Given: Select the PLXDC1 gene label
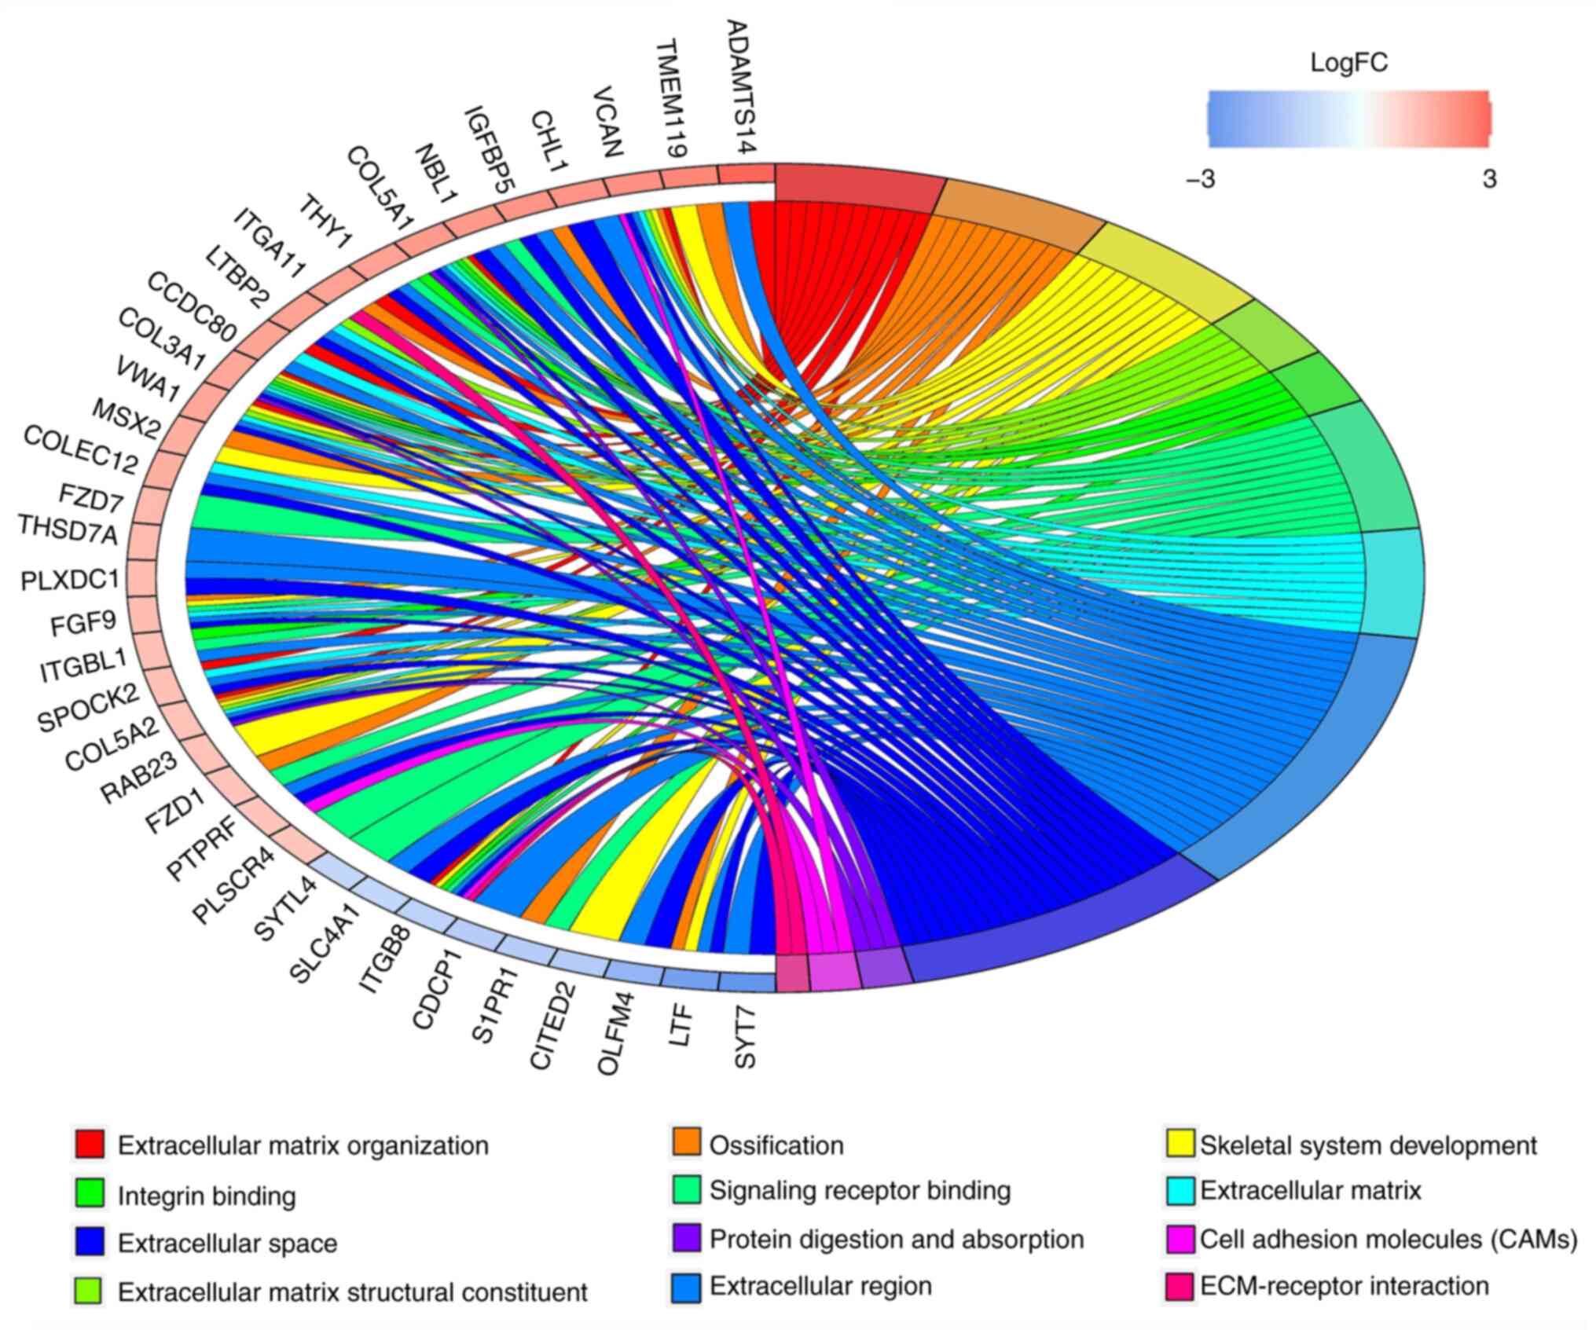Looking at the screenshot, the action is pyautogui.click(x=70, y=580).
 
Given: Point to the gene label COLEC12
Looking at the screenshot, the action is pyautogui.click(x=81, y=449).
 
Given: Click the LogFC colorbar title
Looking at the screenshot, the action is pyautogui.click(x=1348, y=63).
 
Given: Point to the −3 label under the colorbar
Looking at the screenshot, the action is pyautogui.click(x=1200, y=179).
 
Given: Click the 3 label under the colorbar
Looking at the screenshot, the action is pyautogui.click(x=1489, y=179).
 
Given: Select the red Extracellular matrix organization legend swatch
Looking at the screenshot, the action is pyautogui.click(x=90, y=1144).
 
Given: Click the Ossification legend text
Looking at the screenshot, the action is pyautogui.click(x=776, y=1145).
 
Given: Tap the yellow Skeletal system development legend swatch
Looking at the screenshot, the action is pyautogui.click(x=1180, y=1144).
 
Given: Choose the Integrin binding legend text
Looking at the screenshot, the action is pyautogui.click(x=207, y=1196).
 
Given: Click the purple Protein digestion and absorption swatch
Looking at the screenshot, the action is pyautogui.click(x=687, y=1239).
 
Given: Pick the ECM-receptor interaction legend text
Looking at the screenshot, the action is pyautogui.click(x=1345, y=1286).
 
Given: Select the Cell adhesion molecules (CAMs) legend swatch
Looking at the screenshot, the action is pyautogui.click(x=1180, y=1239).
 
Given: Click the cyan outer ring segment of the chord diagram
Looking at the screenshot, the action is pyautogui.click(x=1393, y=582).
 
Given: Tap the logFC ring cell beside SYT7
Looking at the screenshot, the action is pyautogui.click(x=747, y=982).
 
